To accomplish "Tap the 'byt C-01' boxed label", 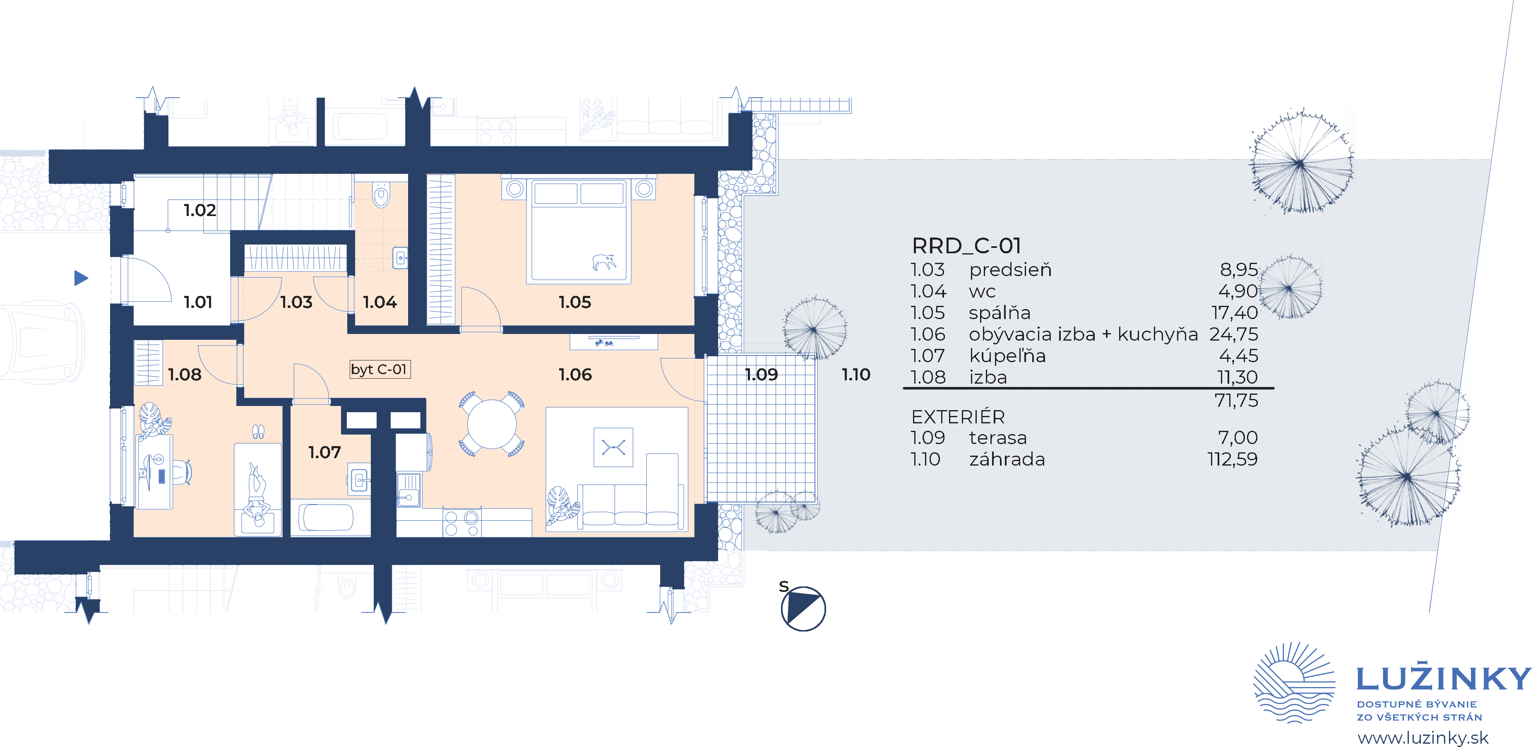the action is [380, 370].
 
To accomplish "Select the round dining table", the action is [492, 424].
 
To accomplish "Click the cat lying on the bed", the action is [603, 261].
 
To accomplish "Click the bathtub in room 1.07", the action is [326, 517].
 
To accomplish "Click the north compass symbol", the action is [803, 608].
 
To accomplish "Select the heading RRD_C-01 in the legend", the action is [966, 246].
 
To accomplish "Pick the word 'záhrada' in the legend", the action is [1007, 459].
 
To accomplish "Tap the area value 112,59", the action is [1233, 459].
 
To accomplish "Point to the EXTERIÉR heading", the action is [958, 417].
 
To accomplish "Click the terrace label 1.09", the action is [761, 375].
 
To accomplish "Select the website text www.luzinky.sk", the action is [1423, 738].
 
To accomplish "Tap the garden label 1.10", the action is [856, 375].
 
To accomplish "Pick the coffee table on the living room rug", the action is [613, 447].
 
